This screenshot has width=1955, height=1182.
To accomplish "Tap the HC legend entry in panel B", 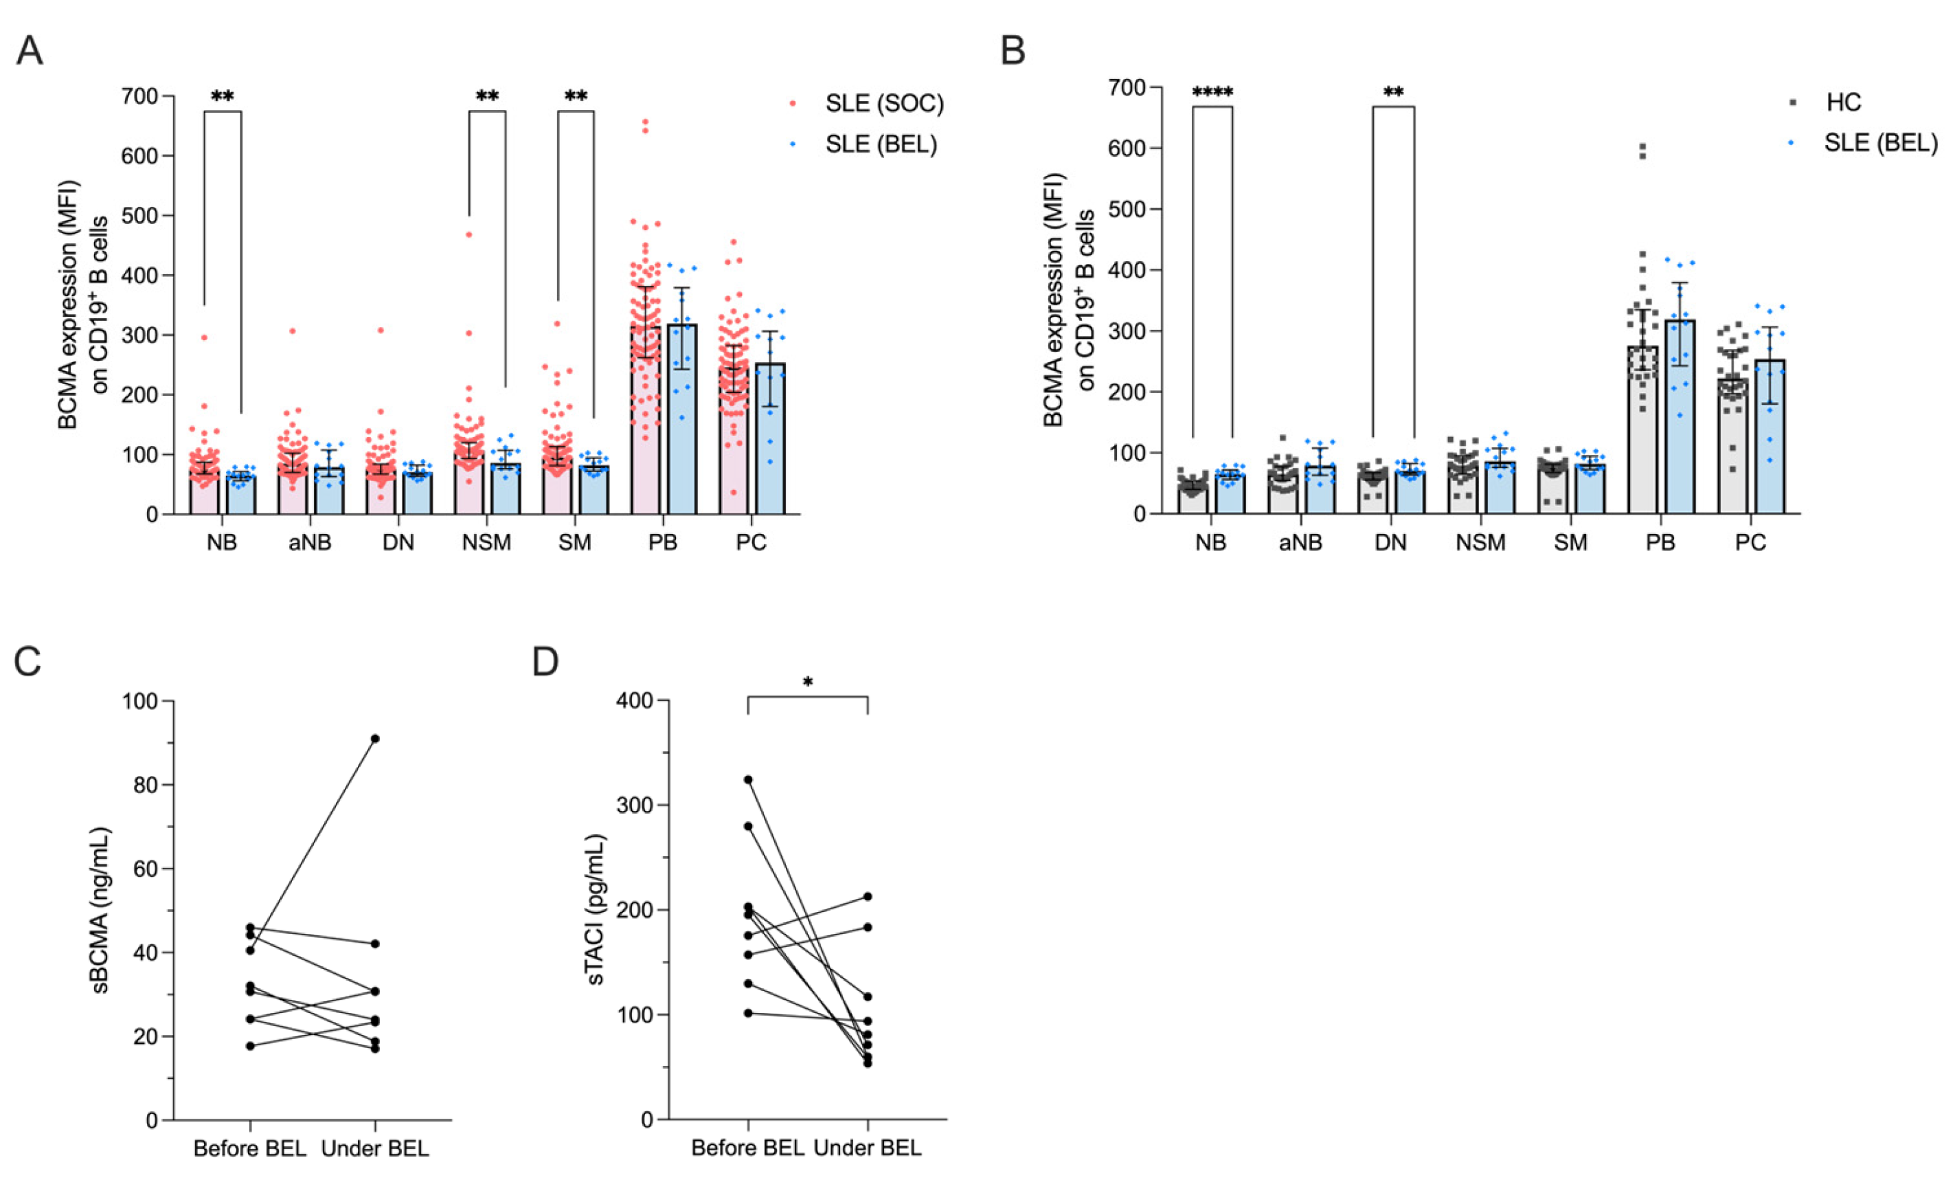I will point(1843,102).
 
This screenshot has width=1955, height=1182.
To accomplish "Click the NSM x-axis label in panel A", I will point(486,543).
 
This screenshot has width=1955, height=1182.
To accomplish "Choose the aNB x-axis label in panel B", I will point(1300,542).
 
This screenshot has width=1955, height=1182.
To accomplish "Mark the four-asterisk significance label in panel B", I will point(1212,93).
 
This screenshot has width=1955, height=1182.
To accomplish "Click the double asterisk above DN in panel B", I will point(1393,93).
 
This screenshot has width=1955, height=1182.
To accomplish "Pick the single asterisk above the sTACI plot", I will point(808,682).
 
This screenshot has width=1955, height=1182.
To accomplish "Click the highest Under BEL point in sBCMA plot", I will point(374,738).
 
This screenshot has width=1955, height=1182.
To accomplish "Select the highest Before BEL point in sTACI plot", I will point(747,779).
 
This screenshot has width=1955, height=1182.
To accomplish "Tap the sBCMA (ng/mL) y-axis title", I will point(101,911).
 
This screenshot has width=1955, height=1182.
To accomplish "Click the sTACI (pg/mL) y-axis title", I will point(595,910).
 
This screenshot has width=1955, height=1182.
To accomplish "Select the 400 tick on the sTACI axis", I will point(636,702).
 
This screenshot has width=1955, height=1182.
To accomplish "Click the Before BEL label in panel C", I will point(249,1148).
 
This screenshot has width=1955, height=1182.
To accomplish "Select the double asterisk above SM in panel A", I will point(575,97).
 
